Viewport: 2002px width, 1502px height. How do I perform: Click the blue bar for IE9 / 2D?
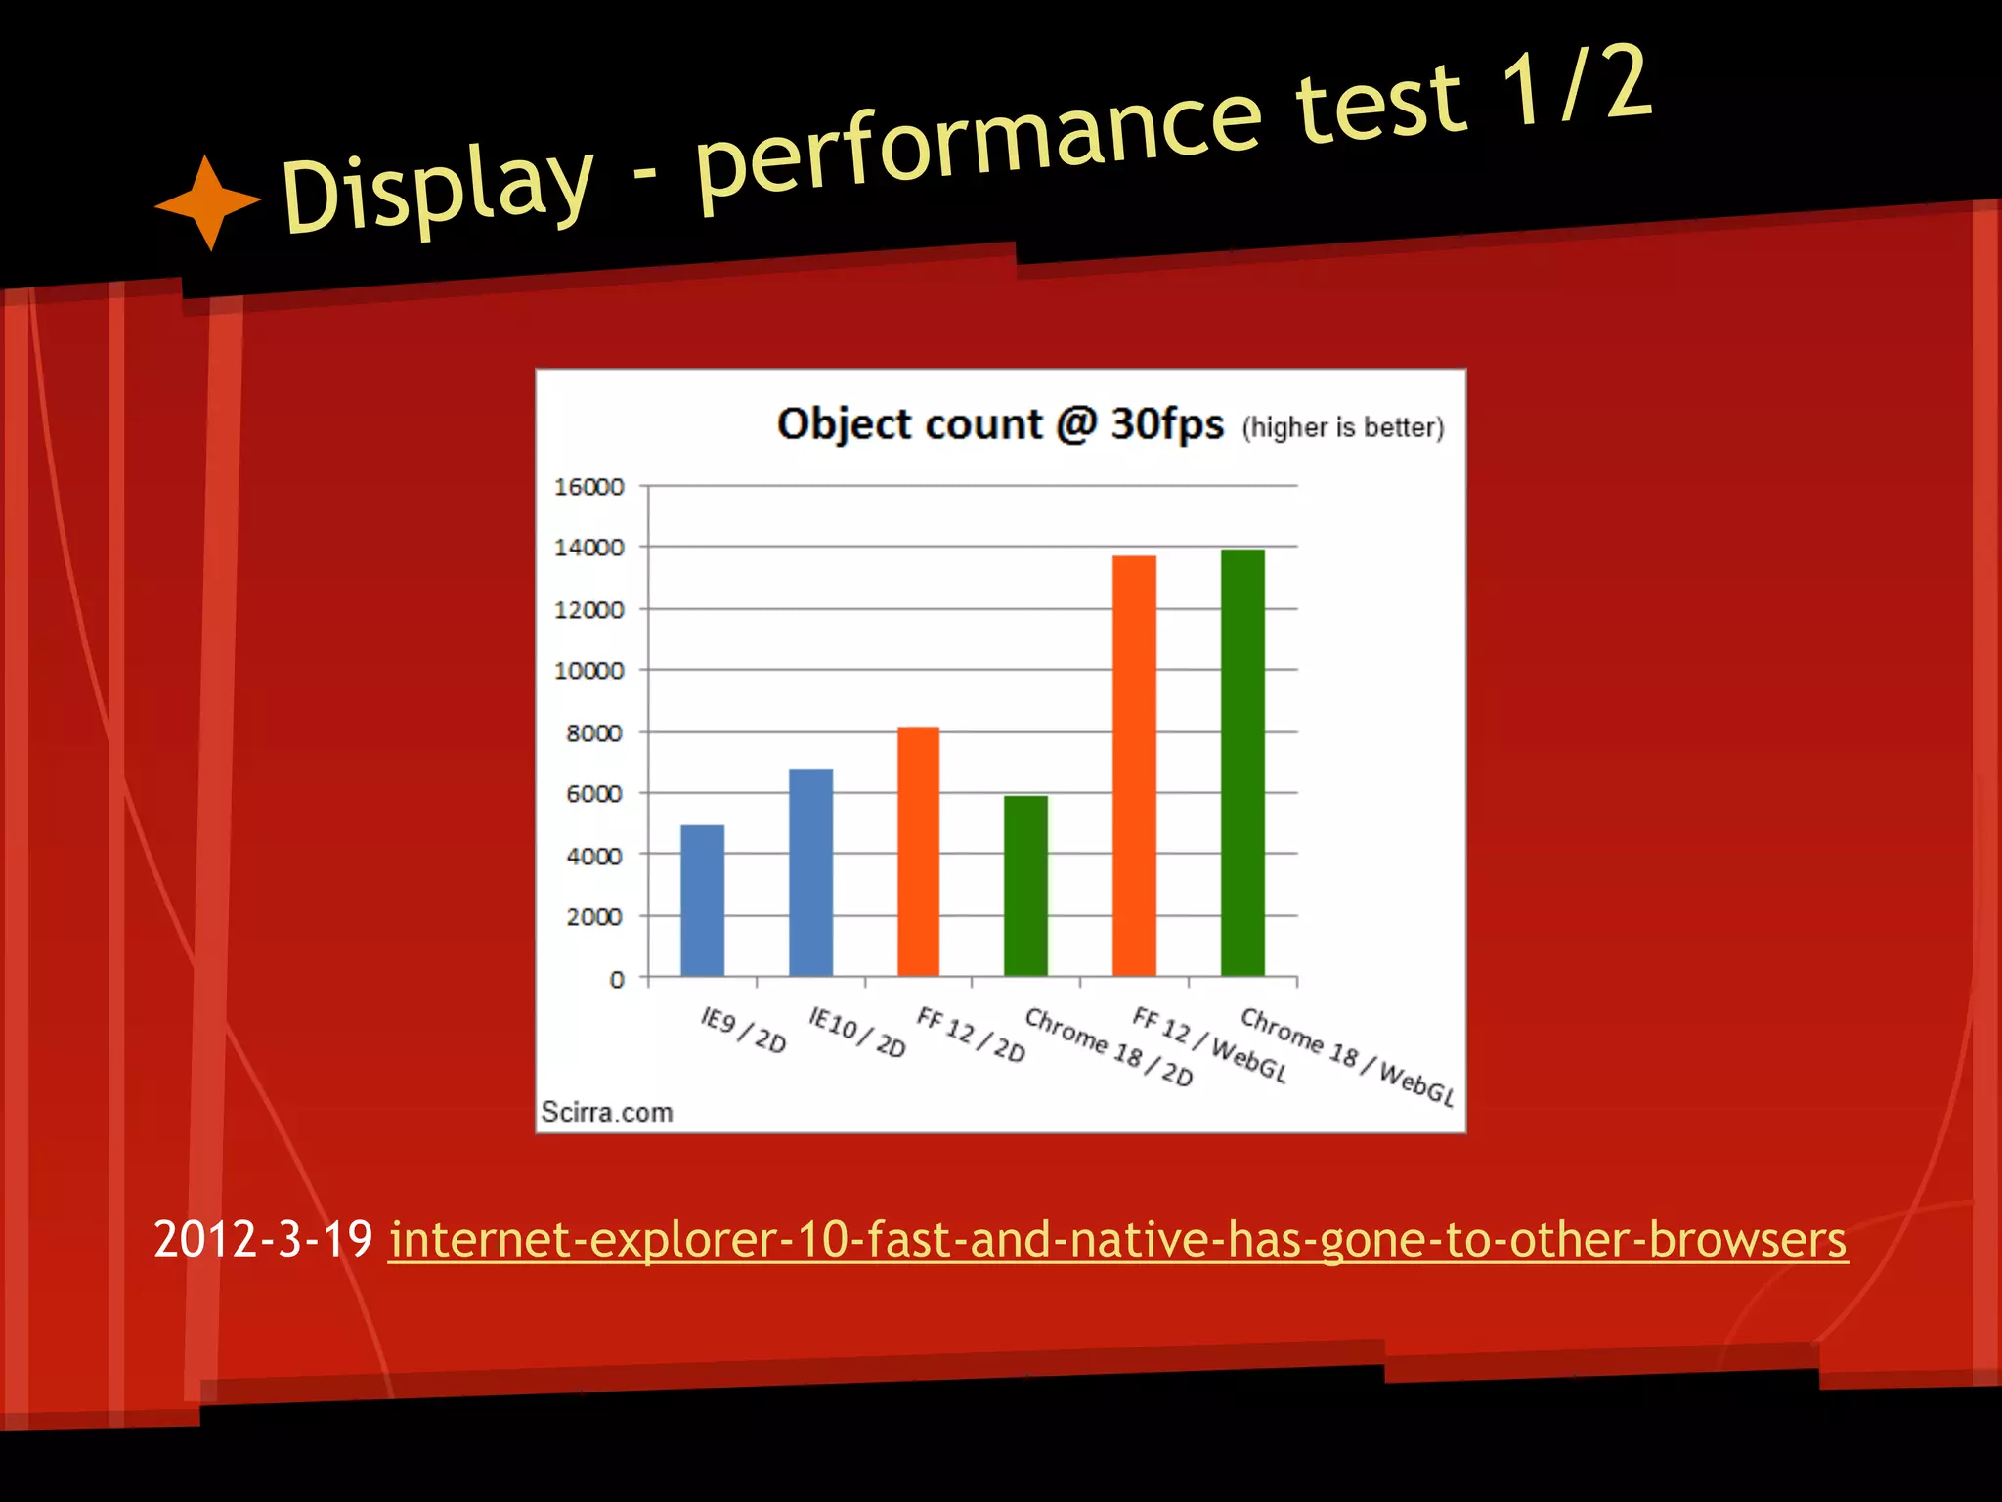[702, 901]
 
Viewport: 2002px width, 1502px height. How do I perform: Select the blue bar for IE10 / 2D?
[810, 872]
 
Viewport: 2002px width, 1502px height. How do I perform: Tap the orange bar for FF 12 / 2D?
[918, 852]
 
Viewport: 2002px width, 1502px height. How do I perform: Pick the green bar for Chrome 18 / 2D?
[1025, 886]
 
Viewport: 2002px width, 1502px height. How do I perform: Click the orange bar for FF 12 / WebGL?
[1134, 766]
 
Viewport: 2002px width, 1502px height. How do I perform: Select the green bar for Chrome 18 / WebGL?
[1242, 763]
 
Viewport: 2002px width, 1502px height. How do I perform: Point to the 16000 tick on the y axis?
[588, 487]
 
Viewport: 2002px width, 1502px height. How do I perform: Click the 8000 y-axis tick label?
[594, 733]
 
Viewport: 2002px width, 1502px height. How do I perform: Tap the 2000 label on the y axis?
[594, 917]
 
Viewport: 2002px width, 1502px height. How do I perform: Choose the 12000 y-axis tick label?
[588, 610]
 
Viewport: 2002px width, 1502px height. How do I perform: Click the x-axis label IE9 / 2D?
[744, 1031]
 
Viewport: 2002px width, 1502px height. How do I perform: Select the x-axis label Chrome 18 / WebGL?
[1347, 1057]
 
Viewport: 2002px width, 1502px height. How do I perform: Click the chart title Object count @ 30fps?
[1000, 424]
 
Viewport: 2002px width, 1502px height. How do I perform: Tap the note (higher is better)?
[1343, 428]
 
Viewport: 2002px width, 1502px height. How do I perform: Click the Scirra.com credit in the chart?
[607, 1112]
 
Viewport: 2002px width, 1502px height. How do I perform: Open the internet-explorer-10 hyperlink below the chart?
[1117, 1240]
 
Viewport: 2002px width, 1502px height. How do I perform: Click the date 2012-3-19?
[263, 1240]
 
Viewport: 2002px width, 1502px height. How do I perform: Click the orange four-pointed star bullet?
[208, 202]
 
